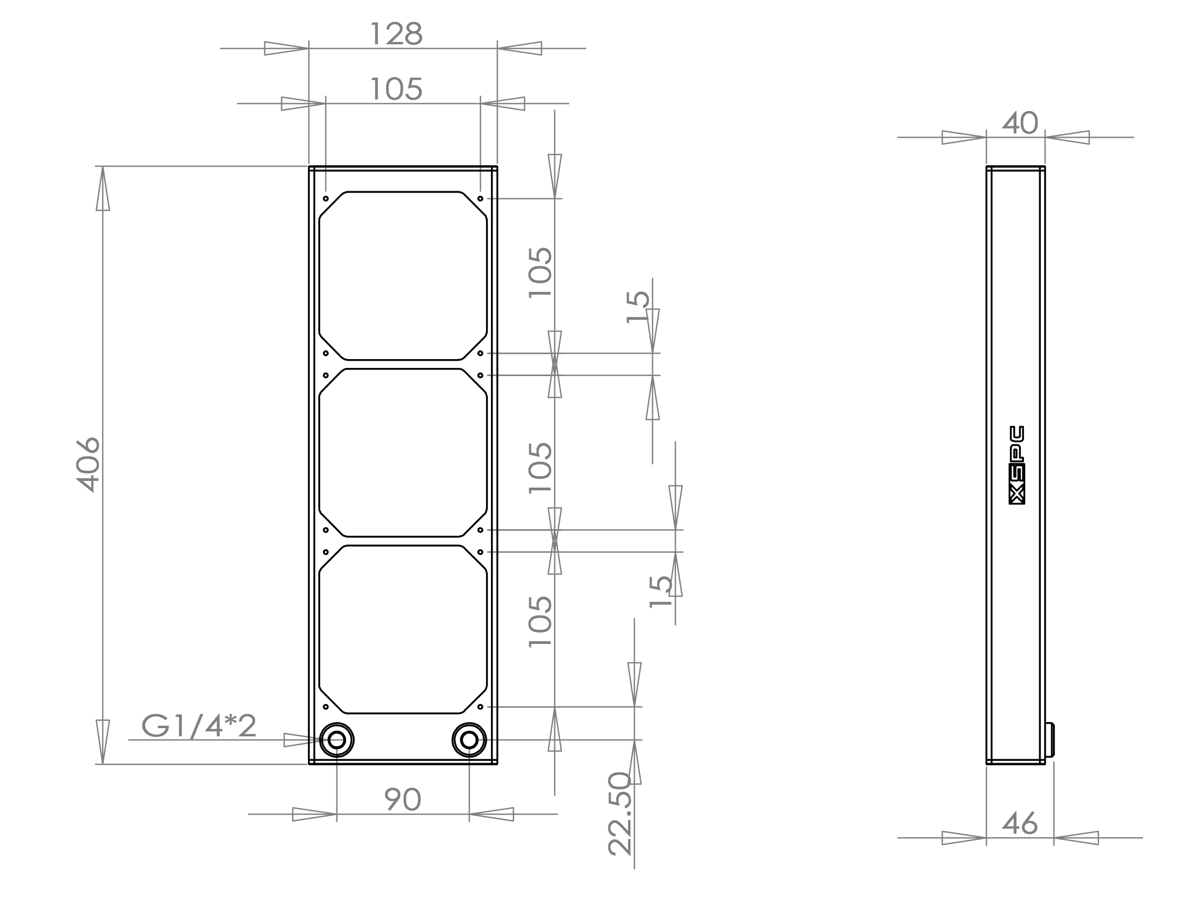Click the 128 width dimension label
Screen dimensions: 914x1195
tap(396, 34)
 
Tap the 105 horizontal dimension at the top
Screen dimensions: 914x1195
tap(396, 89)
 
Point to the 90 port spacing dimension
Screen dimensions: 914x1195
tap(403, 800)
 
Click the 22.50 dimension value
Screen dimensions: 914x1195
tap(620, 813)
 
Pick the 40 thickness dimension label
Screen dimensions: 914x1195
tap(1020, 123)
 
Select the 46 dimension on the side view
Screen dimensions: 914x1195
tap(1019, 823)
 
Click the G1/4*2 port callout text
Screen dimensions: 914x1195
tap(199, 726)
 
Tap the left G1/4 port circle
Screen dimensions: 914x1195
tap(336, 740)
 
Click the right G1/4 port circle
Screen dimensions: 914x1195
tap(469, 740)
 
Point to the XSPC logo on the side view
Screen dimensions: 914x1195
tap(1016, 465)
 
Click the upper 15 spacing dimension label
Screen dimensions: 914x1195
tap(638, 307)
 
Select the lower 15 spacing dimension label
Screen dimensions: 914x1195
tap(661, 591)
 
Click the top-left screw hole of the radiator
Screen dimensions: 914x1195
tap(326, 198)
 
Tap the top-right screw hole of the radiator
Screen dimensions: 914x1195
tap(480, 198)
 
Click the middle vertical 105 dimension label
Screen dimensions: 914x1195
tap(541, 467)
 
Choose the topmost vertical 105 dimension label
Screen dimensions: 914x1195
tap(541, 272)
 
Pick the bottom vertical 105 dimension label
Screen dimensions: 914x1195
tap(541, 622)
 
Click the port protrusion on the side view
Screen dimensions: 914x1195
tap(1050, 740)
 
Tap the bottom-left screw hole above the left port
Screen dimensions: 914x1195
tap(326, 707)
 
